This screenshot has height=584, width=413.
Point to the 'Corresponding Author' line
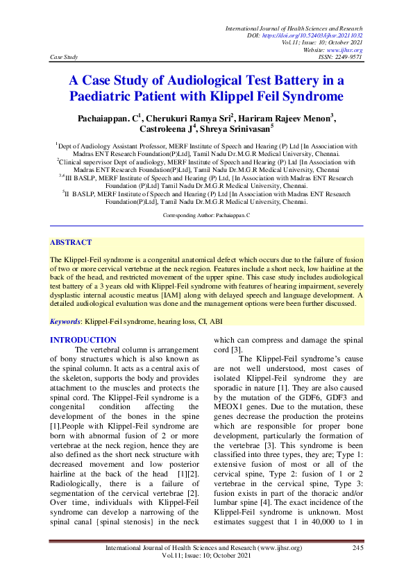[x=205, y=216]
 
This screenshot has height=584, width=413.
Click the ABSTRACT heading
[x=70, y=243]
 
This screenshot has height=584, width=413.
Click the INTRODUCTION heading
[x=83, y=340]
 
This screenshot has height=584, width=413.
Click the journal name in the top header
[x=294, y=27]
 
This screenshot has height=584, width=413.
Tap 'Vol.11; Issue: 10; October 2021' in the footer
[x=205, y=557]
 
